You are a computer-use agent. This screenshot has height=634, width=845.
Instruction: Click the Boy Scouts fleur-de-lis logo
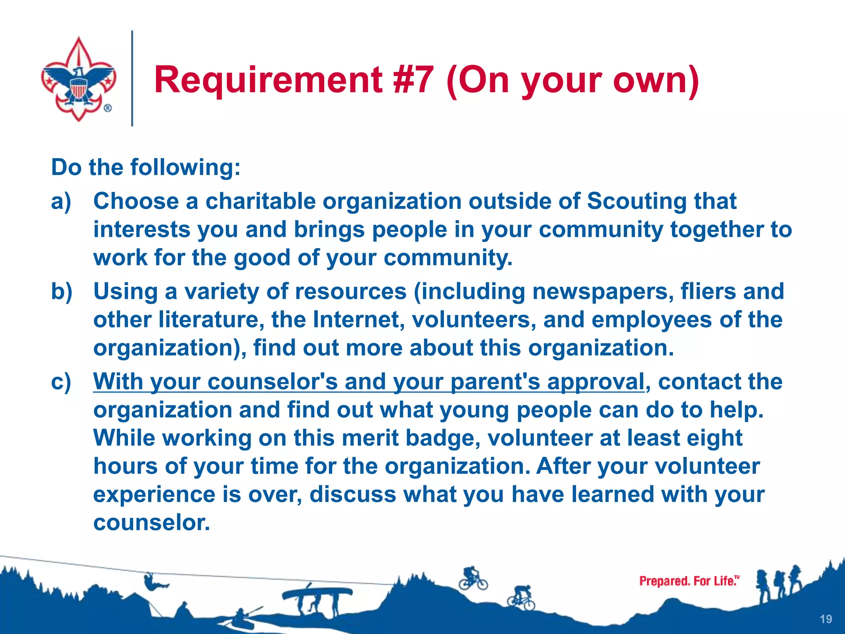click(x=78, y=78)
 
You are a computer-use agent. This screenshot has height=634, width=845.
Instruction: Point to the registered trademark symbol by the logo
click(x=108, y=109)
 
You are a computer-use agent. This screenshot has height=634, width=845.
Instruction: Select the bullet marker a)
click(x=61, y=202)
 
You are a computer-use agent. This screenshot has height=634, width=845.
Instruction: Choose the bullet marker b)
click(x=61, y=292)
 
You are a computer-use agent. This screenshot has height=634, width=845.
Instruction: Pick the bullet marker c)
click(x=61, y=382)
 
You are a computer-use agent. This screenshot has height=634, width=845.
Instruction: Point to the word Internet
click(x=359, y=320)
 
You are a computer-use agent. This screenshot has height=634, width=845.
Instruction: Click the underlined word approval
click(x=595, y=382)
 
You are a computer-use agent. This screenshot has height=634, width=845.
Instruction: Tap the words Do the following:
click(x=146, y=168)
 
